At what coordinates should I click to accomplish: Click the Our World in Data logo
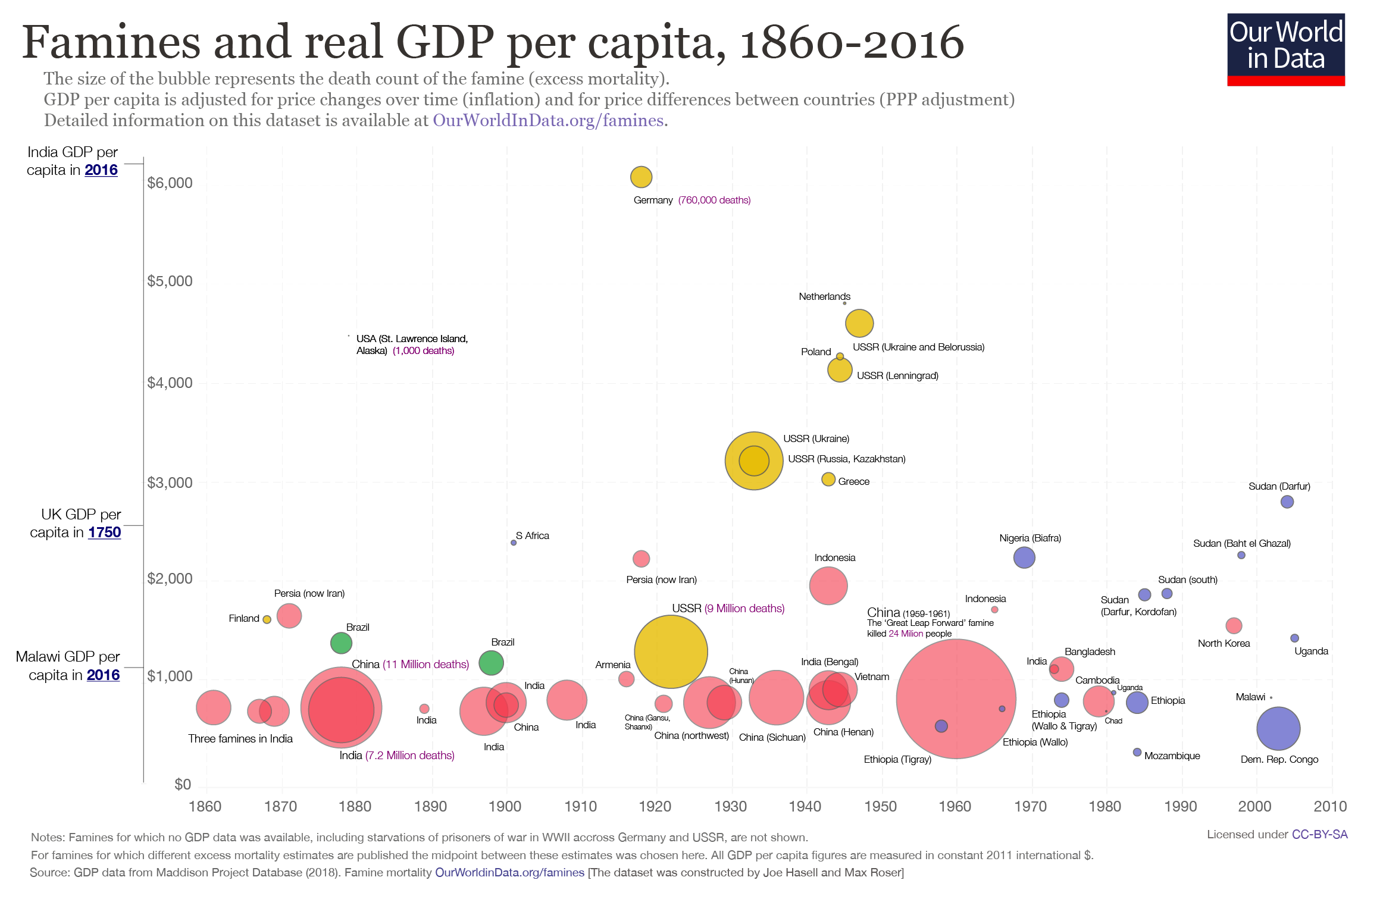click(1285, 50)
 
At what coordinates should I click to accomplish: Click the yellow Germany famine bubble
click(641, 177)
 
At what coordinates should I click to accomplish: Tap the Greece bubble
click(828, 479)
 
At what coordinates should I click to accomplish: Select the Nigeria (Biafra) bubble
click(1024, 557)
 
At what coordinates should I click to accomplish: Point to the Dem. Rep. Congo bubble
click(1278, 728)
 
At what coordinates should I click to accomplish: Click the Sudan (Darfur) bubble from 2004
click(1287, 502)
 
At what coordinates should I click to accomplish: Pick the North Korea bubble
click(1234, 625)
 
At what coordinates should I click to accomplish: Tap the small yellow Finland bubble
click(267, 619)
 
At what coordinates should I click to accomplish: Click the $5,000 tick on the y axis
click(170, 281)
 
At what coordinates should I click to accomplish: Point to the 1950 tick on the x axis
click(881, 806)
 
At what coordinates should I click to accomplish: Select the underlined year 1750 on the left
click(105, 532)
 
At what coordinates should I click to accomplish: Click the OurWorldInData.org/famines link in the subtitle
click(547, 120)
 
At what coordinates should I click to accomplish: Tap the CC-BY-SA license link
click(1319, 834)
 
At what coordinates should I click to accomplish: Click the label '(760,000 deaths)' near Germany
click(714, 200)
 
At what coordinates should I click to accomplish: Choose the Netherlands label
click(824, 296)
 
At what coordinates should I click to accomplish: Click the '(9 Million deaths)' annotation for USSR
click(744, 608)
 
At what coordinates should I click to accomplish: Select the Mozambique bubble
click(1137, 752)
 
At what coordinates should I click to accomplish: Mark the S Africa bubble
click(514, 543)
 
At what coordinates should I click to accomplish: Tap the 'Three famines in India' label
click(240, 738)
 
